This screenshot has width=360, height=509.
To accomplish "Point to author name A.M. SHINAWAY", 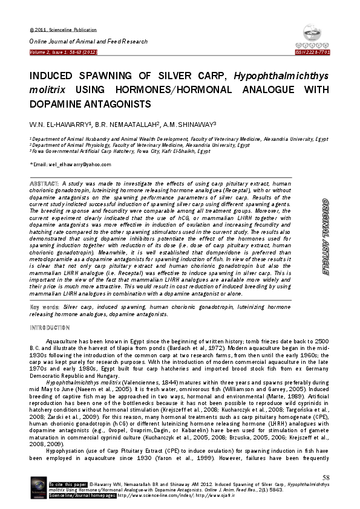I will point(192,123).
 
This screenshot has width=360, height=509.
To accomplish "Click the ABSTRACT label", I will point(45,183).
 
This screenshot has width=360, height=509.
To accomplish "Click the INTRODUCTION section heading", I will point(50,328).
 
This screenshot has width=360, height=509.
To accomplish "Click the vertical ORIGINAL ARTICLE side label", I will point(324,236).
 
